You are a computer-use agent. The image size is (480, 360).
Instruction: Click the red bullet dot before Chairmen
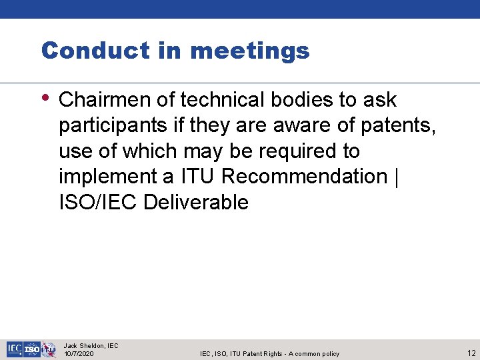pyautogui.click(x=45, y=97)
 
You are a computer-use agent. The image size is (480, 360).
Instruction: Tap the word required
pyautogui.click(x=299, y=151)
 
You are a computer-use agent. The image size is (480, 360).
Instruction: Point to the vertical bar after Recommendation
pyautogui.click(x=397, y=177)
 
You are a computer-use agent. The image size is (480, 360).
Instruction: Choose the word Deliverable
pyautogui.click(x=196, y=202)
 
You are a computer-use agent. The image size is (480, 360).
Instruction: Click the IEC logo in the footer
pyautogui.click(x=15, y=349)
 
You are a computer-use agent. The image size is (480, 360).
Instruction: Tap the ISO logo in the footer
pyautogui.click(x=32, y=349)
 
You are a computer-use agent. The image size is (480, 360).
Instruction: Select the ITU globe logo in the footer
pyautogui.click(x=49, y=349)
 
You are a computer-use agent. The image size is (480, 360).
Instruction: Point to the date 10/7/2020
pyautogui.click(x=79, y=353)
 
